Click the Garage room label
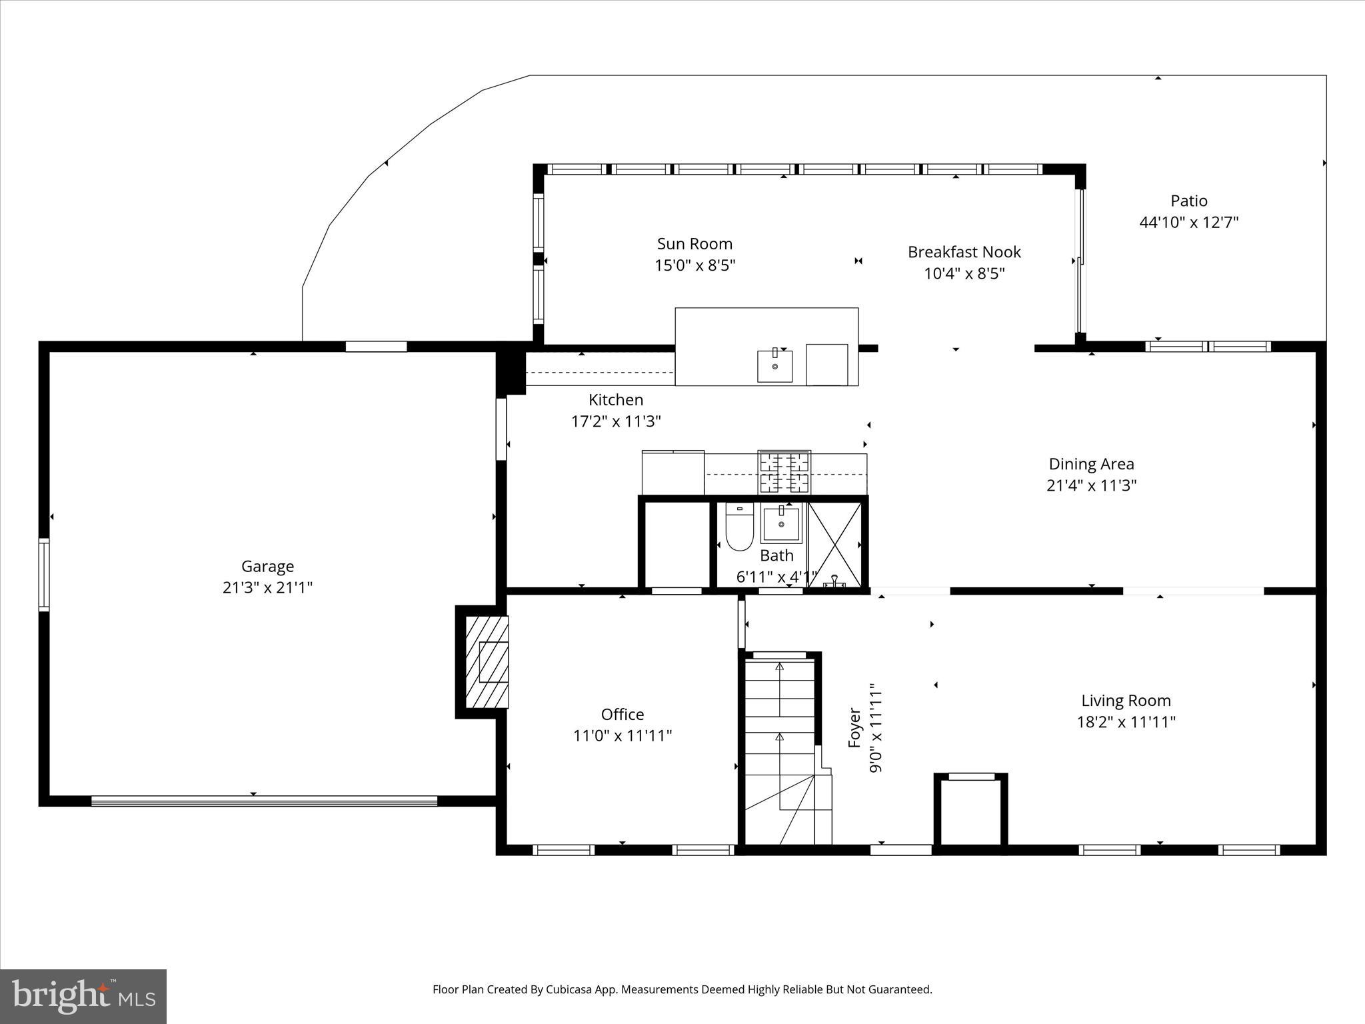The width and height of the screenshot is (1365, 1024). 267,566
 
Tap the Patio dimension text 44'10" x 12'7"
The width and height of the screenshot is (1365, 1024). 1188,222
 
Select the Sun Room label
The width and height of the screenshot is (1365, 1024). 694,244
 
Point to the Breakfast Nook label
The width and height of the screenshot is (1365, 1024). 964,252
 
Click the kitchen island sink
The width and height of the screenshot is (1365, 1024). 774,366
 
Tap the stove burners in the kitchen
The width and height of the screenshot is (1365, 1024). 784,471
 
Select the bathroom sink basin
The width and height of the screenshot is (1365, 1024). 780,525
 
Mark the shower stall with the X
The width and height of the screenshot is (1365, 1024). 834,544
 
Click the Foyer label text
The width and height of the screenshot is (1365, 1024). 855,728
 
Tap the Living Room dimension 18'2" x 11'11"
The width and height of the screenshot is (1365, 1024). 1126,722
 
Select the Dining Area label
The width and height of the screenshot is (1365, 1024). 1091,464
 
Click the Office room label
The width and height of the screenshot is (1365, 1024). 623,715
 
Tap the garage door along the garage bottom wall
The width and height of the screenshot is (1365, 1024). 264,801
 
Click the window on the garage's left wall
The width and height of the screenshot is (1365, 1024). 44,575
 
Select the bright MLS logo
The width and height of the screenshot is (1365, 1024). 83,996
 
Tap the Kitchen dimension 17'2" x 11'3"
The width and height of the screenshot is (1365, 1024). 616,421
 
